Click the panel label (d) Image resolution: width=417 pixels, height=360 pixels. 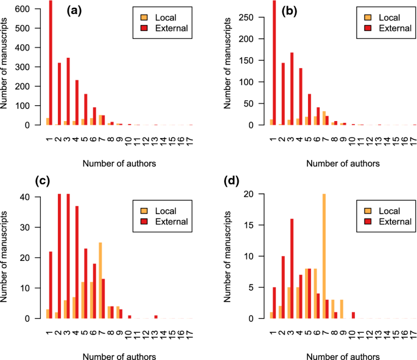click(x=275, y=181)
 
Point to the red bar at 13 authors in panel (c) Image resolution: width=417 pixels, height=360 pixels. click(x=156, y=317)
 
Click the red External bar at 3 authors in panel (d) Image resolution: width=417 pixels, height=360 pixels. click(x=292, y=269)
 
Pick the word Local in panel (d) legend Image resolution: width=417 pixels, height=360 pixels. click(x=393, y=211)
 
